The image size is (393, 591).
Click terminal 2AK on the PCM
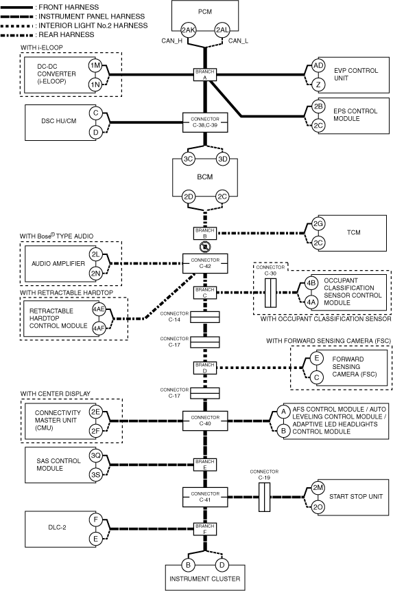pyautogui.click(x=188, y=30)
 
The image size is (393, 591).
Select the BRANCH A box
pyautogui.click(x=205, y=75)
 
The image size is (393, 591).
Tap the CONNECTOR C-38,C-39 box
pyautogui.click(x=205, y=122)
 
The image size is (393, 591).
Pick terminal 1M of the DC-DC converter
pyautogui.click(x=95, y=65)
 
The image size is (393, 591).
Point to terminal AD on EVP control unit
pyautogui.click(x=318, y=65)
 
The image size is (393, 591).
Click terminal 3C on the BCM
pyautogui.click(x=188, y=159)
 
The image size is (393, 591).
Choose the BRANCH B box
pyautogui.click(x=205, y=234)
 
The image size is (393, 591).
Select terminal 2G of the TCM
pyautogui.click(x=318, y=224)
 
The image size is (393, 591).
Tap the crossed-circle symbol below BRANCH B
pyautogui.click(x=205, y=247)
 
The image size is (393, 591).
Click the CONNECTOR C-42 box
pyautogui.click(x=205, y=263)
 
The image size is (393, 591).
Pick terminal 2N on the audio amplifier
pyautogui.click(x=95, y=274)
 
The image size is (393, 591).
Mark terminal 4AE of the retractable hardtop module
pyautogui.click(x=99, y=309)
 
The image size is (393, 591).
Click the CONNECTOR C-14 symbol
pyautogui.click(x=205, y=317)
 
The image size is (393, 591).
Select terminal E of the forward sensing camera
pyautogui.click(x=317, y=358)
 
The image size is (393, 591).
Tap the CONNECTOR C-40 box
pyautogui.click(x=205, y=421)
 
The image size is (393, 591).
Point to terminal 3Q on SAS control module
pyautogui.click(x=95, y=456)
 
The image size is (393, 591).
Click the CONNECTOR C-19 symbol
pyautogui.click(x=264, y=497)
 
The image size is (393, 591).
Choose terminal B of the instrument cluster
pyautogui.click(x=188, y=565)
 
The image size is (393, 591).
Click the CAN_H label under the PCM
pyautogui.click(x=172, y=41)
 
